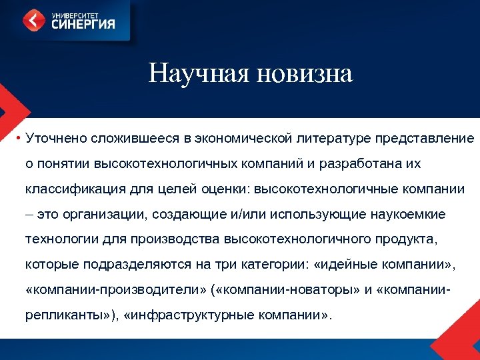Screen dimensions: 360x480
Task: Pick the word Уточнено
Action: [x=53, y=138]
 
